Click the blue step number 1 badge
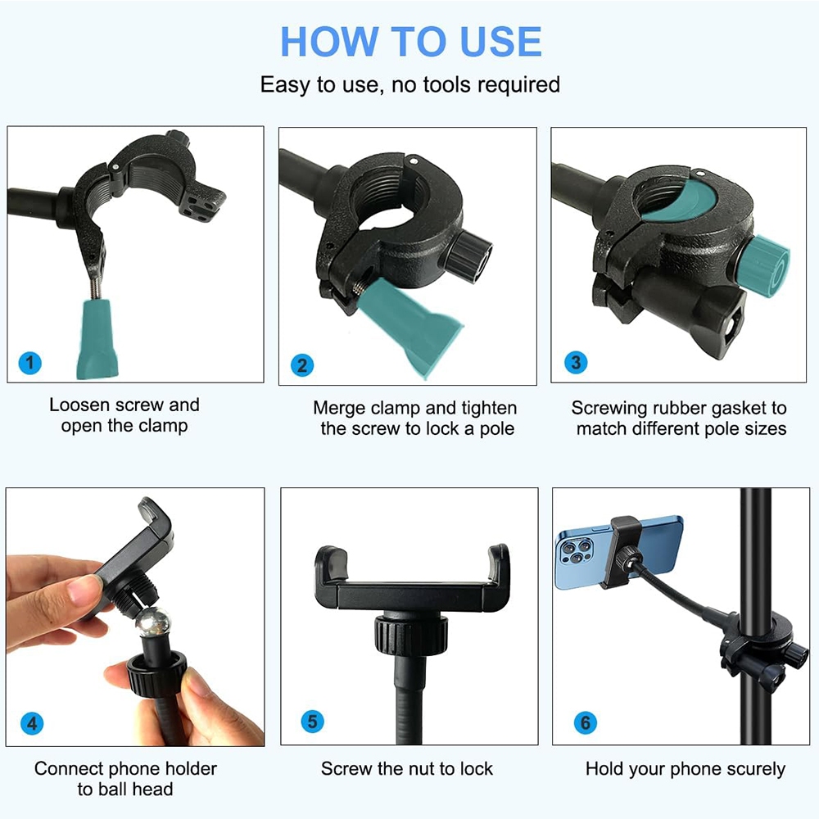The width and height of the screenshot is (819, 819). click(29, 363)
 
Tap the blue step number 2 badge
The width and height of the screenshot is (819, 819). click(302, 365)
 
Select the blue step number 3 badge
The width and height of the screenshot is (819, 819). click(576, 362)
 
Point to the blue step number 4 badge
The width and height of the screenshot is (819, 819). click(32, 723)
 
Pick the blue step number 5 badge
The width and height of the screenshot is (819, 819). click(312, 722)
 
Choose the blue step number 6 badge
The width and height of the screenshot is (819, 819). click(585, 723)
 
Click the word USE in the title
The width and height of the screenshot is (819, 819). click(500, 41)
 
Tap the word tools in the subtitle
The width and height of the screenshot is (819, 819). click(447, 84)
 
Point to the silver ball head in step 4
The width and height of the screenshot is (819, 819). click(153, 622)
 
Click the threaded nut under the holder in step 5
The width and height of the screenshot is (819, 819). click(411, 635)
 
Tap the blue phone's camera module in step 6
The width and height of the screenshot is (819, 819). click(575, 552)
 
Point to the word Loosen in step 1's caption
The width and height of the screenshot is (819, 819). click(79, 405)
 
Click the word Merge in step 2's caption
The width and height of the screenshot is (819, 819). click(339, 409)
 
